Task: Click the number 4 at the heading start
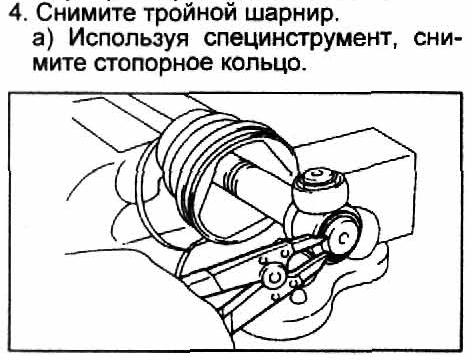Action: click(x=15, y=13)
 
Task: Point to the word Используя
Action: click(x=128, y=40)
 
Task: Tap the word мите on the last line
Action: click(x=59, y=63)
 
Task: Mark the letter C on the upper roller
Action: click(x=317, y=175)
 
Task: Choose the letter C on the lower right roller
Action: click(x=343, y=237)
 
